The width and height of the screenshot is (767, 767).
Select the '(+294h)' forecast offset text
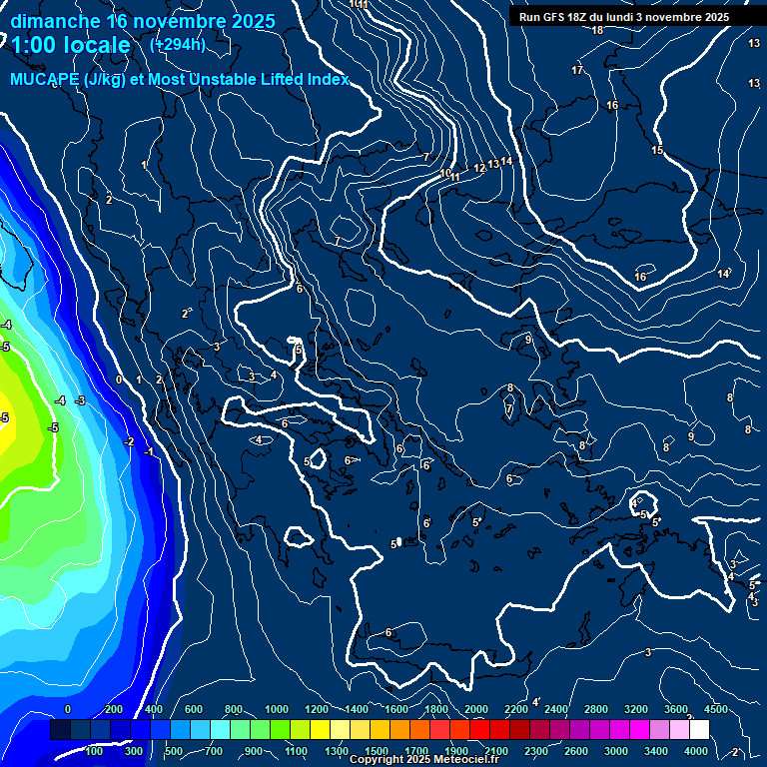[178, 44]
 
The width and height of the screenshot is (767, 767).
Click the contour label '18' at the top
[597, 30]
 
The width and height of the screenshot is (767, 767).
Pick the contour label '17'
[577, 70]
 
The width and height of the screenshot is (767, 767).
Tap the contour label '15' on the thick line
[657, 150]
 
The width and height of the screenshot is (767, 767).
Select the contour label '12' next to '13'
[479, 168]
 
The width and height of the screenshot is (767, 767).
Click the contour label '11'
[454, 177]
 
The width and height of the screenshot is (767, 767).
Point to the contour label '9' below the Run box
[528, 340]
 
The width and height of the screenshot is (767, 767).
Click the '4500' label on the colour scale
[716, 709]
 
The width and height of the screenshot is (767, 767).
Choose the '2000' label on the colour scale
[477, 709]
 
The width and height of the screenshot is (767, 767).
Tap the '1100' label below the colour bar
[297, 751]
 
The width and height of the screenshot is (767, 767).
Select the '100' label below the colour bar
[95, 751]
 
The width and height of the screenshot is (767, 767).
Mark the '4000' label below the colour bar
[696, 751]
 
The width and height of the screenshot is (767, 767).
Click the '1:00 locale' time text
[72, 45]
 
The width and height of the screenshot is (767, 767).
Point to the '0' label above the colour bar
[68, 709]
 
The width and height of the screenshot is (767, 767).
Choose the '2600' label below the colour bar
[576, 751]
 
